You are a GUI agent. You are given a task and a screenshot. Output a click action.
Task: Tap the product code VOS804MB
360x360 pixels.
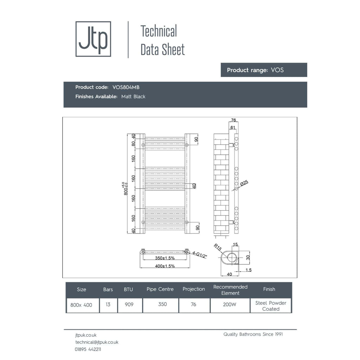[x=126, y=87]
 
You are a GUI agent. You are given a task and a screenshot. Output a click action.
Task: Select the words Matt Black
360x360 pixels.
[x=133, y=97]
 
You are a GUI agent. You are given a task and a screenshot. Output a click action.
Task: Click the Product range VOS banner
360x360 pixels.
[x=264, y=70]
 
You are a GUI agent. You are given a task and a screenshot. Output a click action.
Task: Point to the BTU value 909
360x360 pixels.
[x=129, y=304]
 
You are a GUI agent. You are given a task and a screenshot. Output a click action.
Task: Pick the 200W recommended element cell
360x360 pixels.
[x=230, y=304]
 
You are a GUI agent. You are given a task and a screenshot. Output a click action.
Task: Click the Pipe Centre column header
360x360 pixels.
[x=160, y=289]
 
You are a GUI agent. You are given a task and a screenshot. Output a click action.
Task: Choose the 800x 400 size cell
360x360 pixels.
[x=81, y=305]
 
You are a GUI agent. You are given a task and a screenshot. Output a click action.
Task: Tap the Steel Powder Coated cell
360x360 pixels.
[x=271, y=306]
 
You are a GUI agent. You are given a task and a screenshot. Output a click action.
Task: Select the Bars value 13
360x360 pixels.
[x=108, y=304]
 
